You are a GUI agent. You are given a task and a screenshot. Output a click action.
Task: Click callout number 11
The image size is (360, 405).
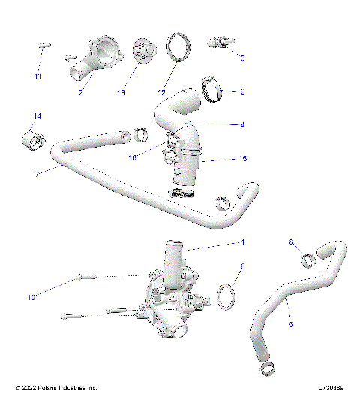[x=37, y=76]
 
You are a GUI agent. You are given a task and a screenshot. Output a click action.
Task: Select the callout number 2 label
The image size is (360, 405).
[x=80, y=93]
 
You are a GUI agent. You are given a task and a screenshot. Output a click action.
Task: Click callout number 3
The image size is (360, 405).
[x=242, y=57]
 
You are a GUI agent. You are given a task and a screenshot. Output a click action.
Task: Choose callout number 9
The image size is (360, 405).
[x=242, y=91]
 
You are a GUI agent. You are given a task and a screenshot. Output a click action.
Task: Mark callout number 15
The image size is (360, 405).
[x=242, y=159]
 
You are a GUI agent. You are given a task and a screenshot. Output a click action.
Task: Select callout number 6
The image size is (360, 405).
[x=242, y=266]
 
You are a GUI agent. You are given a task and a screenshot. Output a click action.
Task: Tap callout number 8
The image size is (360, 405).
[x=291, y=241]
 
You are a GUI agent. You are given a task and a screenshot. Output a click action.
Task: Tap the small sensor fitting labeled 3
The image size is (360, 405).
[x=223, y=42]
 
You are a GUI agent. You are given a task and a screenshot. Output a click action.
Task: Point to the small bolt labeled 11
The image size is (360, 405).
[x=42, y=47]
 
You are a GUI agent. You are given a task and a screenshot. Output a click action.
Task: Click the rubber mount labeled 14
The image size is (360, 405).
[x=32, y=139]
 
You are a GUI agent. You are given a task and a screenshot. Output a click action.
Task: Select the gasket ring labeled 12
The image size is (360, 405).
[x=178, y=46]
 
